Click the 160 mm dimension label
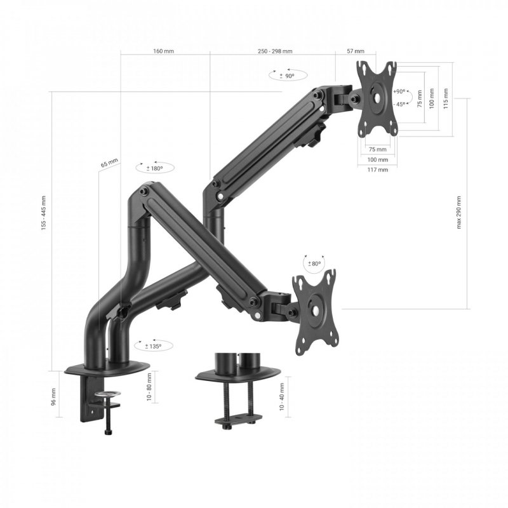pos(164,51)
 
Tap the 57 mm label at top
pos(356,51)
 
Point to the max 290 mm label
pos(459,213)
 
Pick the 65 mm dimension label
pos(109,163)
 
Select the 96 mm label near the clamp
pos(53,397)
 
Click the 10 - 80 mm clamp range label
pos(149,386)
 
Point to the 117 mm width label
pos(377,170)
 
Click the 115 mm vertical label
pos(446,98)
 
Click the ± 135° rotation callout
pos(153,346)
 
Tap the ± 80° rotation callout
pos(314,264)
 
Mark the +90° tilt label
pos(399,91)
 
